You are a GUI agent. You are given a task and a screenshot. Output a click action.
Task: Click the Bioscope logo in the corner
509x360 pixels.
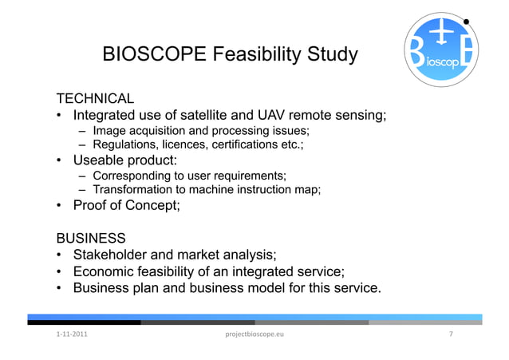(440, 52)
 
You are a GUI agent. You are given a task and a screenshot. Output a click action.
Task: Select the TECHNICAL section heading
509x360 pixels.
(93, 98)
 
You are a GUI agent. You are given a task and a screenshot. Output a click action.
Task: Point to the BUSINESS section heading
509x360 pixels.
(90, 238)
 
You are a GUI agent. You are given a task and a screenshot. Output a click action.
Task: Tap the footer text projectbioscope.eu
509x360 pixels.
(254, 334)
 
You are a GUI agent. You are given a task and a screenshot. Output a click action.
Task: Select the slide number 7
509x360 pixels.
(452, 334)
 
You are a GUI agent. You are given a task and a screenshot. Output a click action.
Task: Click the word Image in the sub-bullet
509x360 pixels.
(109, 130)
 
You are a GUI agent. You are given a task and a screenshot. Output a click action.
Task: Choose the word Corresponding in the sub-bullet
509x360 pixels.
(133, 176)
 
